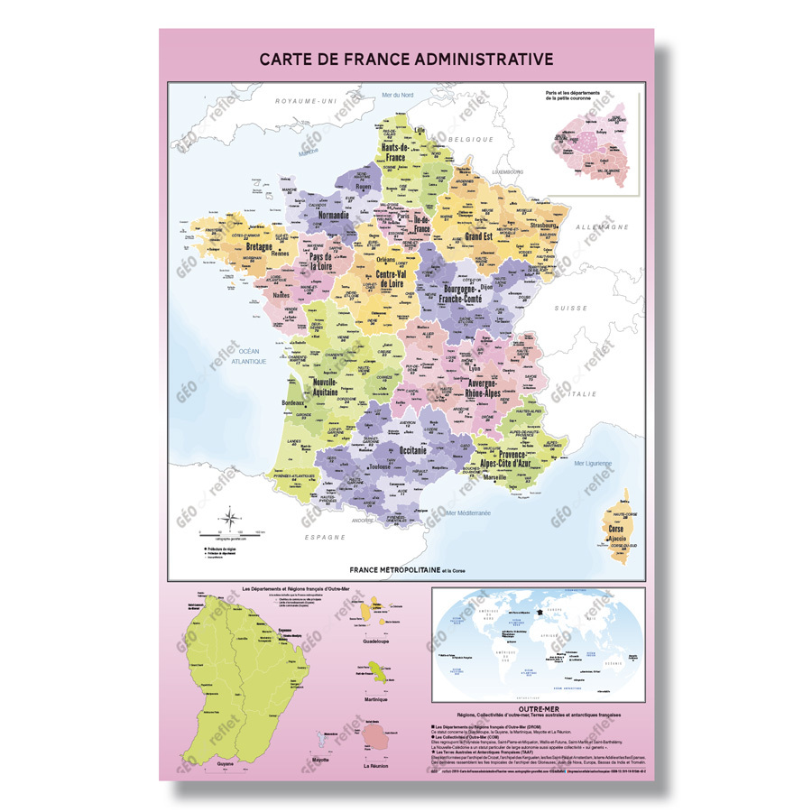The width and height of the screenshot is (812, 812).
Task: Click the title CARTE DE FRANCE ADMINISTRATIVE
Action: coord(406,60)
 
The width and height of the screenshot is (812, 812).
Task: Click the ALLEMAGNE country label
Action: coord(602,227)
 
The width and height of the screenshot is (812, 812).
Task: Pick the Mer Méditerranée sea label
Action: coord(474,512)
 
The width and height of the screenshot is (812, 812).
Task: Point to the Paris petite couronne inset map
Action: coord(590,144)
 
